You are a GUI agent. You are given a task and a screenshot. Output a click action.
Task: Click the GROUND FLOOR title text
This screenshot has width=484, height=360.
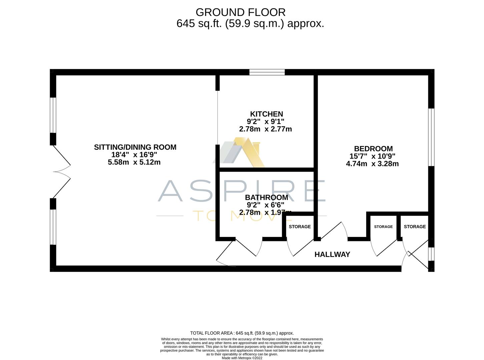pos(240,12)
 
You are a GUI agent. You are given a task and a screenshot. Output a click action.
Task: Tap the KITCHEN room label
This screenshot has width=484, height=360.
pos(267,114)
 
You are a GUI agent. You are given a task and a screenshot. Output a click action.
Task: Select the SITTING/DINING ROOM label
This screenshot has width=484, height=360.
pos(135,147)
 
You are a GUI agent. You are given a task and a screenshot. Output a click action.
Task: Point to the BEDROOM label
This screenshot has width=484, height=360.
pos(373,149)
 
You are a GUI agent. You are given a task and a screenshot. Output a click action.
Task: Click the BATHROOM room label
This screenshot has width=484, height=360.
pos(267,197)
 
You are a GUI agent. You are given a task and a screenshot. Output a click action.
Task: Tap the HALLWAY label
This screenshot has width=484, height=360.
pos(332,255)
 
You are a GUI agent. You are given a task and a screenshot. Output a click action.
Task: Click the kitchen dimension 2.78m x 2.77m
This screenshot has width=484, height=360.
pos(266,129)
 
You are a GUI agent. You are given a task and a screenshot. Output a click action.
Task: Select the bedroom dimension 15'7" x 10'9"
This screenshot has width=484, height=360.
pos(372,156)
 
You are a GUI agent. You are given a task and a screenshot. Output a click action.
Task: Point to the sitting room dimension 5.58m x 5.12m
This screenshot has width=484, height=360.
pos(134,162)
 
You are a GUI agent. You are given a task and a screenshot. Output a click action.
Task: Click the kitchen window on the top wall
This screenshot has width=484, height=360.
pos(267,72)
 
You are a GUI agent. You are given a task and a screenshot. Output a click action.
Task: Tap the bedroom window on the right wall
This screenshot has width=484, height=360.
pos(431,137)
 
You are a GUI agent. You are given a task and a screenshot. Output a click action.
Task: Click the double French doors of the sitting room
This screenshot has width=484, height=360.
pos(62,172)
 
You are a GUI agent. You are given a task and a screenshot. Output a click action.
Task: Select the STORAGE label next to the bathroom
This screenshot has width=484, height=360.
pos(300,227)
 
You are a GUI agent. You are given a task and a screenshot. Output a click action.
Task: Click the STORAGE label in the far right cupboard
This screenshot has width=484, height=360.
pos(415,227)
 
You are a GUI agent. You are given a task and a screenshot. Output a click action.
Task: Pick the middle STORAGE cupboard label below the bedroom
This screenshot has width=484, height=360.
pos(383,227)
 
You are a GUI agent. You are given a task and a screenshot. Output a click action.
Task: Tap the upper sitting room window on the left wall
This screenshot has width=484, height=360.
pos(53,115)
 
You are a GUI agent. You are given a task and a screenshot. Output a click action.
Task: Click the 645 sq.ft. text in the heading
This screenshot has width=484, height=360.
pos(199,24)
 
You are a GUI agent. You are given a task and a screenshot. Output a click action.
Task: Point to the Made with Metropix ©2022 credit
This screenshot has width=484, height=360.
pos(242,358)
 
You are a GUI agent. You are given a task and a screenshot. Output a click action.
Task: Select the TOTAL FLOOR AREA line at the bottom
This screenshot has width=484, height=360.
pos(242,333)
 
